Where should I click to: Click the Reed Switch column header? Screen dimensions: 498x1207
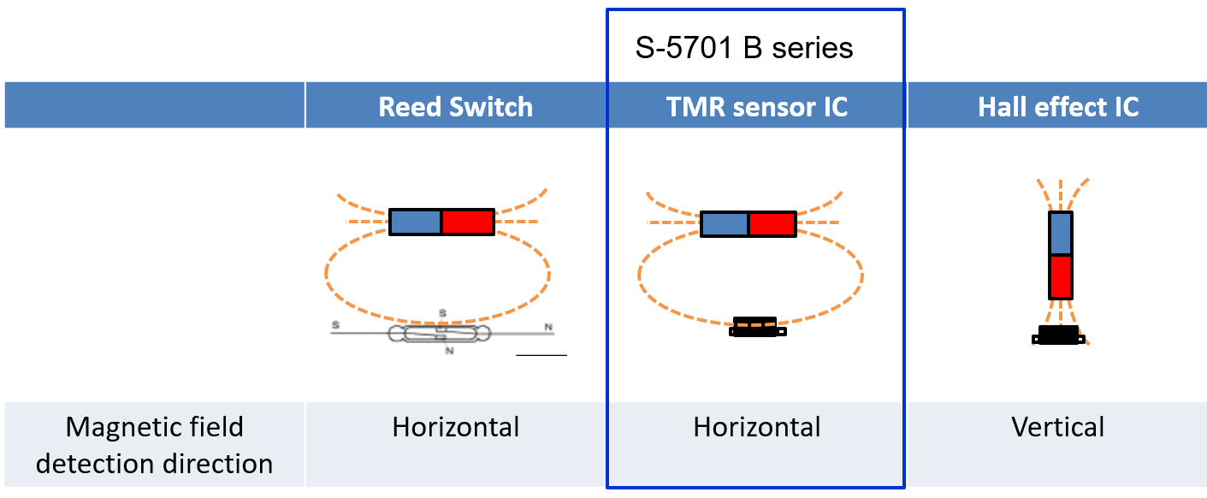coord(455,107)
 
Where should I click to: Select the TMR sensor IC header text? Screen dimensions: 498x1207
coord(756,107)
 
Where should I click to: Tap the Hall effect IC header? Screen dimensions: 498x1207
coord(1058,107)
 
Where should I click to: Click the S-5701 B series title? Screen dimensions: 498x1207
coord(743,48)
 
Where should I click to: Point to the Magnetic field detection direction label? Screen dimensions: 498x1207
coord(154,445)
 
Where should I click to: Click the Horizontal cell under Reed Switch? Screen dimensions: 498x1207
coord(455,427)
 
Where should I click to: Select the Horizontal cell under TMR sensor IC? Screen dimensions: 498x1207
coord(756,427)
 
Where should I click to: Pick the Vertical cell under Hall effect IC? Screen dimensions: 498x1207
coord(1058,427)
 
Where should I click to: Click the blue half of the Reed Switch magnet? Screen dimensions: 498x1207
coord(416,222)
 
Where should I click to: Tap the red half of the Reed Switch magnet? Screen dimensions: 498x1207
coord(468,222)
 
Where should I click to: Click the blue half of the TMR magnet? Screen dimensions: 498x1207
coord(725,224)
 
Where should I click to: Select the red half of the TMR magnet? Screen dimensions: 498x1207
coord(772,224)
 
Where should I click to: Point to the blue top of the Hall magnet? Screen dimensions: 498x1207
coord(1061,233)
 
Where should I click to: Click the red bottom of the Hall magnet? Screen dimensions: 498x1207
coord(1061,276)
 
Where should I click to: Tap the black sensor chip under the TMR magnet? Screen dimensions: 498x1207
coord(754,327)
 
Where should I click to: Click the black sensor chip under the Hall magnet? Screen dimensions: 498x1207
coord(1058,335)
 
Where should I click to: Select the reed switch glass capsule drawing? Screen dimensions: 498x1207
coord(439,334)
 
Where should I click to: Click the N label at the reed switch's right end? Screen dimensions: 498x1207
coord(547,327)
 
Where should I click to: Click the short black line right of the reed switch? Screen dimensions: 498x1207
coord(541,354)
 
